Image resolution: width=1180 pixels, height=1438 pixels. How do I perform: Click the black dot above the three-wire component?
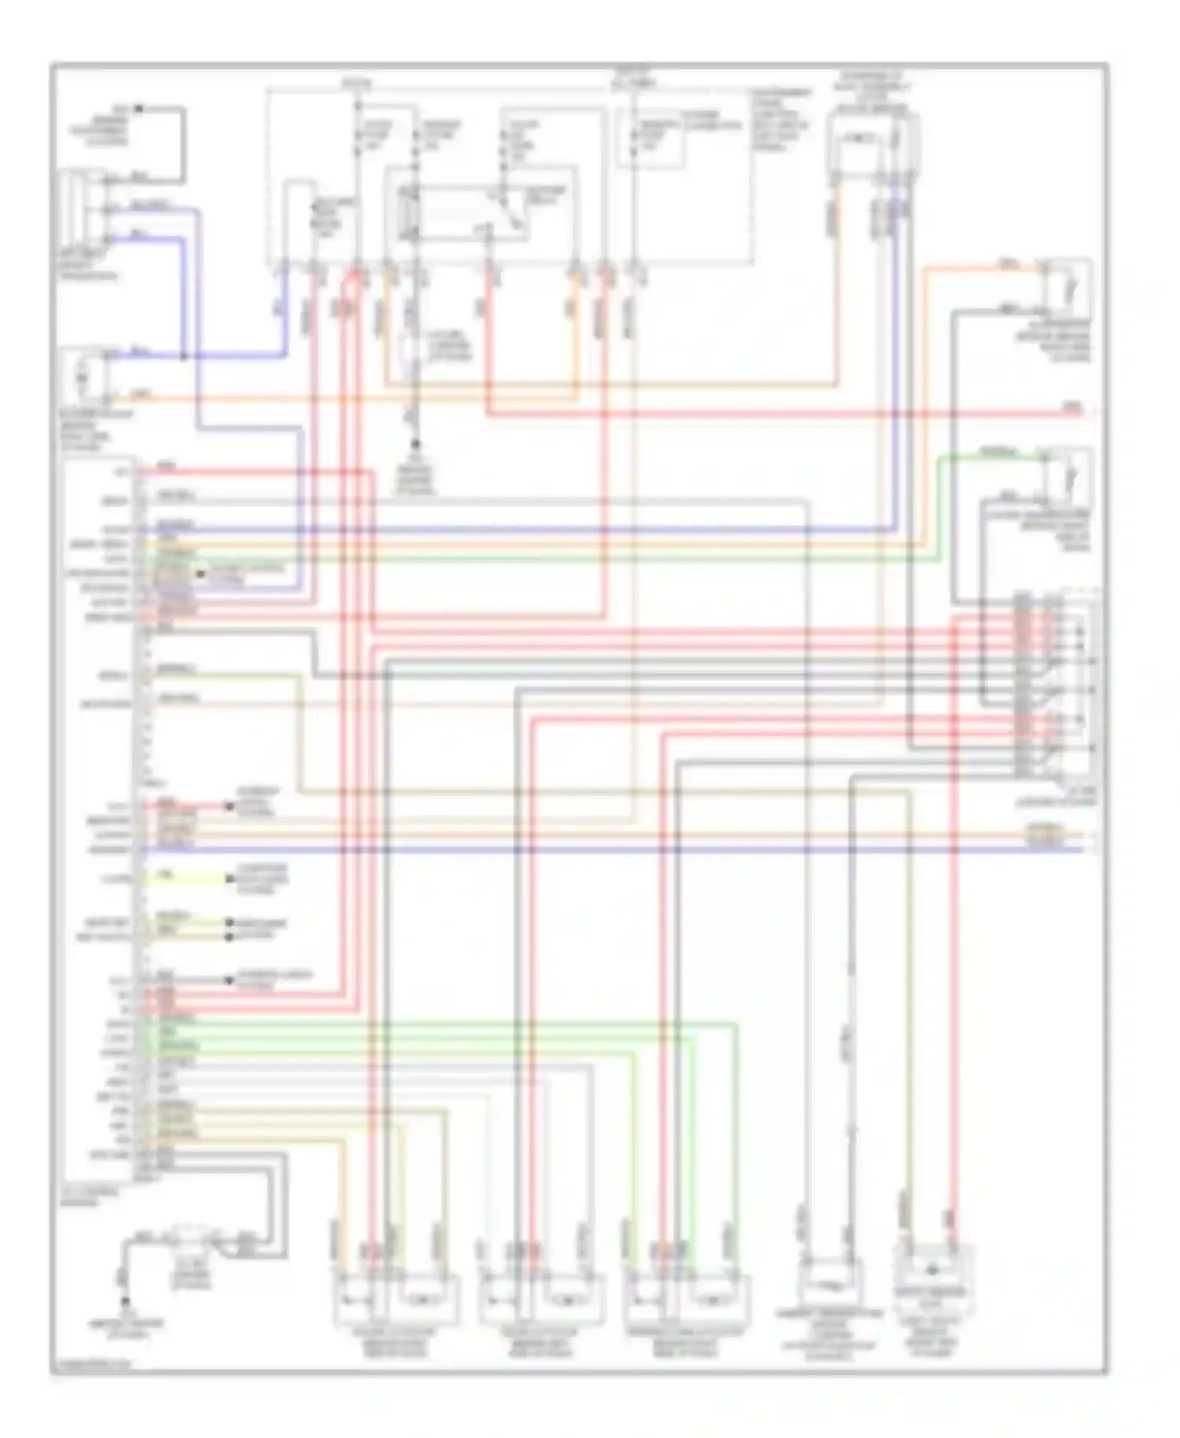click(x=138, y=108)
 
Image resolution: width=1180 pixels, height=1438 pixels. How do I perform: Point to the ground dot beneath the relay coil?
click(x=416, y=445)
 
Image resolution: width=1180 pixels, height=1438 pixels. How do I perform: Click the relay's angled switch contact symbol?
click(x=512, y=208)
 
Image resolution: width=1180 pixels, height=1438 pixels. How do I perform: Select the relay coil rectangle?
click(x=410, y=212)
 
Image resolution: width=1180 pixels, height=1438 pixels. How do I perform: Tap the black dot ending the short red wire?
click(x=229, y=806)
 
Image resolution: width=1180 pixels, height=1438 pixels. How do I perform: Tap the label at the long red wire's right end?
click(x=1072, y=407)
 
